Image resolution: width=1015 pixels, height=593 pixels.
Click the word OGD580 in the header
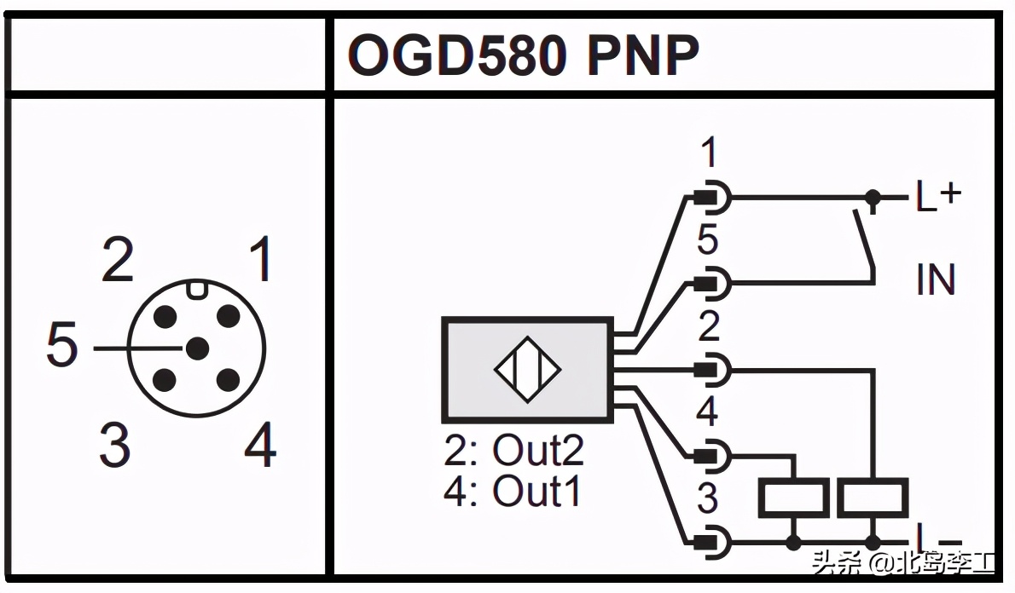(457, 56)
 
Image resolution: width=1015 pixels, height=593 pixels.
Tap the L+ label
(938, 197)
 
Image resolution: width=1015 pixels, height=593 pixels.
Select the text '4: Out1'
(513, 492)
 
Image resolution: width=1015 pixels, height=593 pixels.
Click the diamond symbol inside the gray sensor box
(527, 370)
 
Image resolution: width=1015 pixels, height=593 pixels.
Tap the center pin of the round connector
(197, 348)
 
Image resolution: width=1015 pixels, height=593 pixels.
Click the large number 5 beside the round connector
(61, 347)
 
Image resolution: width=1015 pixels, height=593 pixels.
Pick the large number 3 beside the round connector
(113, 445)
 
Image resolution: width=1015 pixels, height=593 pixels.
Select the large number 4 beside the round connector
(260, 446)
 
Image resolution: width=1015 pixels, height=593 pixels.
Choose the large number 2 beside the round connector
(118, 261)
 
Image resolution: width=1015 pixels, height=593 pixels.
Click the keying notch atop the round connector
(197, 288)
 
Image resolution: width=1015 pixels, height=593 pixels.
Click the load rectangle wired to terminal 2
(873, 498)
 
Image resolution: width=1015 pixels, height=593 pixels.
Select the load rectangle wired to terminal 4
(794, 498)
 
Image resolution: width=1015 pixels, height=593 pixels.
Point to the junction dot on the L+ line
(873, 197)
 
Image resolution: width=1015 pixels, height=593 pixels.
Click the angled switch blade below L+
(863, 240)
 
